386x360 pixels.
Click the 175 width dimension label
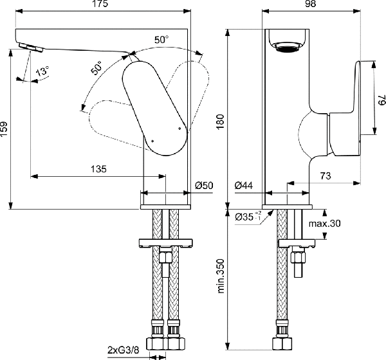click(101, 4)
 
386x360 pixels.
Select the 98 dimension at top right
click(311, 4)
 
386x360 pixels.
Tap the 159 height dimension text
click(5, 130)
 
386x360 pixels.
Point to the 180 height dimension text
click(220, 122)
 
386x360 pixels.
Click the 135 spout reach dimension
click(98, 169)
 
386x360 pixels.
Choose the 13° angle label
click(42, 71)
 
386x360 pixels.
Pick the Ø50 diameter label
click(205, 185)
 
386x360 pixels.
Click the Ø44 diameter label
click(244, 185)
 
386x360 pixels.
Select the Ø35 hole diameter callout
click(248, 217)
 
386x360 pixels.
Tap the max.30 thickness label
click(325, 224)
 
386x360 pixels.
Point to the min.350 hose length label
click(221, 276)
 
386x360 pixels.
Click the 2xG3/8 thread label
click(124, 350)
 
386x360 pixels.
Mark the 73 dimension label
click(326, 176)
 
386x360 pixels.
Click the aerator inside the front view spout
click(287, 47)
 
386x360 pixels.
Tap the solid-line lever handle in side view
click(154, 108)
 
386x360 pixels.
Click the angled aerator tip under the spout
click(31, 47)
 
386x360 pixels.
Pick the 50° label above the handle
click(161, 39)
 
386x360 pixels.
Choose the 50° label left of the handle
click(96, 67)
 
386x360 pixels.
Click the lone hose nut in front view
click(282, 343)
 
